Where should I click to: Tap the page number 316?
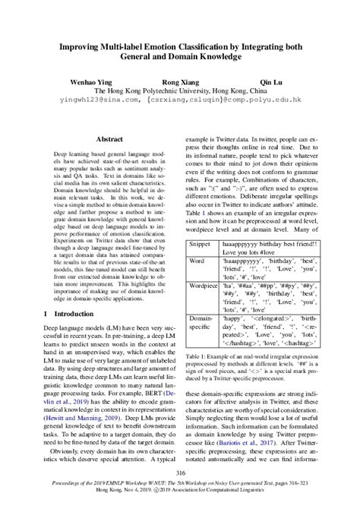coord(180,473)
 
